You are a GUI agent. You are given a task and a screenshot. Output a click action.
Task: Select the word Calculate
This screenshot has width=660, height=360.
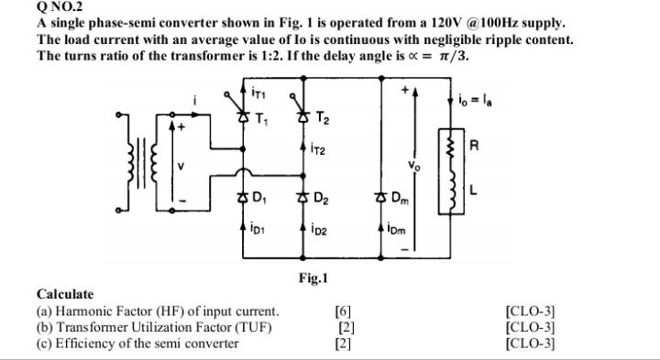coord(65,294)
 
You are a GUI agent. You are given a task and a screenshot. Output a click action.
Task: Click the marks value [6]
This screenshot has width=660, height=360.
coord(344,311)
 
